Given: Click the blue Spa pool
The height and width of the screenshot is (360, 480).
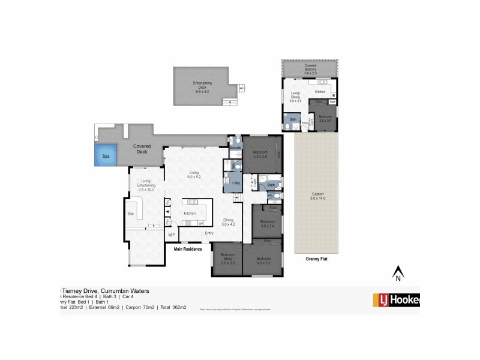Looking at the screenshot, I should (106, 155).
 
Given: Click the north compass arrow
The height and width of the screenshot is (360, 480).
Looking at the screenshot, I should (397, 275).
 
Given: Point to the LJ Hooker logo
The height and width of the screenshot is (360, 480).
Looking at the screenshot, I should (396, 299).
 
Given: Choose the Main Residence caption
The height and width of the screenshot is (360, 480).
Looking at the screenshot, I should (188, 248).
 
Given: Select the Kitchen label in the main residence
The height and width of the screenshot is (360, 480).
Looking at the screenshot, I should (190, 214).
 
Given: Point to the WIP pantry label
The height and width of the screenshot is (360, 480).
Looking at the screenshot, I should (172, 235).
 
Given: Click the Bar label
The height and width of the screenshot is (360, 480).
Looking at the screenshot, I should (130, 214).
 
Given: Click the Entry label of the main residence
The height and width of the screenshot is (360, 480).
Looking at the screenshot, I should (209, 233).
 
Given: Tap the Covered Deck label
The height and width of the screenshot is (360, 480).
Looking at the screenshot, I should (142, 148).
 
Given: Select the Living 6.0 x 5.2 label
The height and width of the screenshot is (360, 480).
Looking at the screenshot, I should (194, 175).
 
